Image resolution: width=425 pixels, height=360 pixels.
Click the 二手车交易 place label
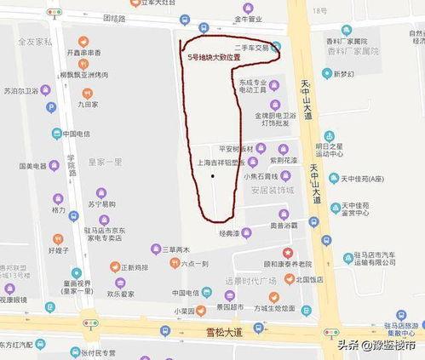(x=250, y=48)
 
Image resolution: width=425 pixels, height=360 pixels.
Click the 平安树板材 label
(x=236, y=148)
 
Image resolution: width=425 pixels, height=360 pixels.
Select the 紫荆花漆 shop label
(x=283, y=159)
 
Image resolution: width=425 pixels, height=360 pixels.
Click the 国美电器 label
(x=33, y=166)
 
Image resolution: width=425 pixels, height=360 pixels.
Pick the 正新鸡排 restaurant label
(x=134, y=267)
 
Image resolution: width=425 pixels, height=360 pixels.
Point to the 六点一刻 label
(x=193, y=265)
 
